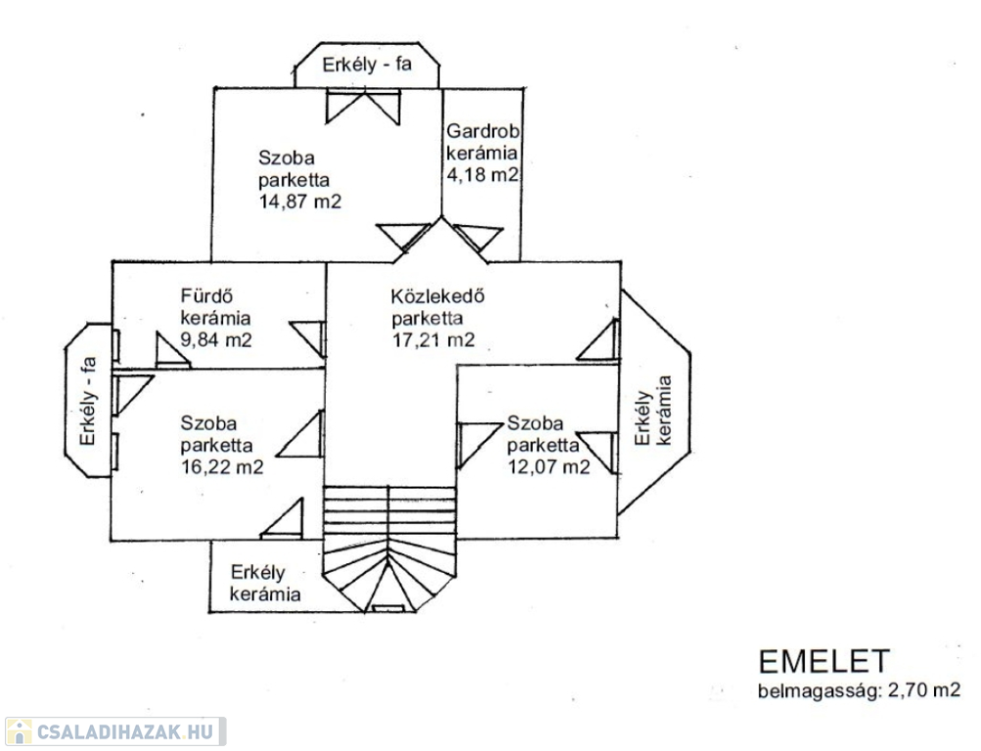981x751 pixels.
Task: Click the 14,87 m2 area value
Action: [300, 202]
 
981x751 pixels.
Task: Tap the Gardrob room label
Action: [482, 131]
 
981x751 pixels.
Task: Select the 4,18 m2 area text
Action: [482, 174]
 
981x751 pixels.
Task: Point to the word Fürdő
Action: [206, 295]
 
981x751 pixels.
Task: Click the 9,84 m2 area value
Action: [216, 339]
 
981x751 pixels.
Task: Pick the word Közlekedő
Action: [438, 295]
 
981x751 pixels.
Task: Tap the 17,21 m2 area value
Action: [433, 339]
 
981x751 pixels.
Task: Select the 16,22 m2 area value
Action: [222, 467]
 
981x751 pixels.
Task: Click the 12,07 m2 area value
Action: [549, 467]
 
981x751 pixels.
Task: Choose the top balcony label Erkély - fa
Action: [367, 65]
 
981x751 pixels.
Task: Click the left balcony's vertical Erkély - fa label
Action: [88, 401]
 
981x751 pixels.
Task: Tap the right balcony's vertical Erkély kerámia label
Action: [652, 410]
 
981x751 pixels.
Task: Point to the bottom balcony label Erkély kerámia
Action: [265, 583]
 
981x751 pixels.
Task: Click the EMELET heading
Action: [824, 661]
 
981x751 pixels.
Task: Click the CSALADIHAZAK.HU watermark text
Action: [125, 731]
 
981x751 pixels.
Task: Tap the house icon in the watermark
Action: [19, 731]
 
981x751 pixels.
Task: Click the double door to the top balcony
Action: [363, 108]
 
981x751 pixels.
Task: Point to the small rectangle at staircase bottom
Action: [388, 608]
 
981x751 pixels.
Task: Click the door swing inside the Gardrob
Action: [478, 238]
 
